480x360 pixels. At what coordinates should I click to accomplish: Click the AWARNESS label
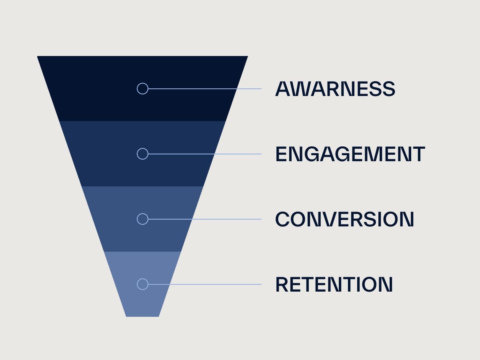coord(335,89)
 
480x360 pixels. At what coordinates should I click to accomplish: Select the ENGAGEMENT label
coord(350,154)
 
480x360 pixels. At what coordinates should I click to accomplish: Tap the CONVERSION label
coord(345,219)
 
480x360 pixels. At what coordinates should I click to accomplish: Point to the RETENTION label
coord(334,284)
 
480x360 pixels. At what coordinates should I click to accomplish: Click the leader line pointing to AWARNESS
coord(205,89)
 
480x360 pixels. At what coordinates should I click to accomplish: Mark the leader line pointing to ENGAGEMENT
coord(205,154)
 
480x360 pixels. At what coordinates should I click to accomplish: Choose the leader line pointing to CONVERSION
coord(205,219)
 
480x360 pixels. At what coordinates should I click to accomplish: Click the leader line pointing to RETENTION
coord(205,284)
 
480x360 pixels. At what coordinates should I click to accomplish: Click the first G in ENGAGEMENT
coord(312,154)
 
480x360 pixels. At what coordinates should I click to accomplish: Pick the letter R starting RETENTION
coord(282,284)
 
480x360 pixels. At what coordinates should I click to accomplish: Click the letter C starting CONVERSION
coord(282,219)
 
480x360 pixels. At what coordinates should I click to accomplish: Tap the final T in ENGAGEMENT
coord(418,154)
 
